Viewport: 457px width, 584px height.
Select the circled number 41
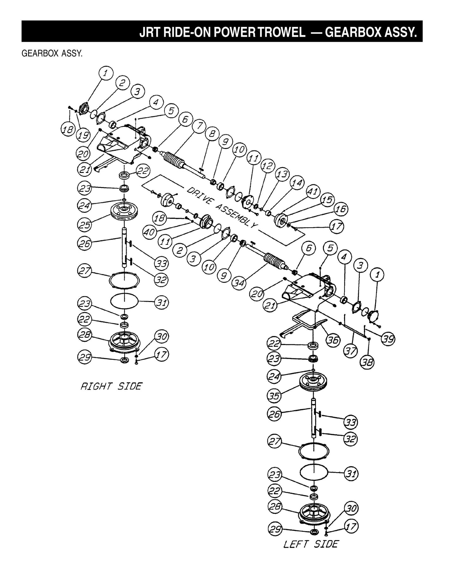(313, 192)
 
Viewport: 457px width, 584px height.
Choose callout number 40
(149, 232)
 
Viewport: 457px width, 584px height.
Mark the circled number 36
(333, 340)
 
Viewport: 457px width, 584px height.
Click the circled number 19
(83, 136)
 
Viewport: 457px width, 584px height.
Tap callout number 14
(297, 183)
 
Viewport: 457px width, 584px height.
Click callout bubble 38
(367, 363)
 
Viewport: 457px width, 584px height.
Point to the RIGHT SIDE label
(111, 386)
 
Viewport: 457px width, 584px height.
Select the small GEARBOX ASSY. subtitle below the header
(52, 53)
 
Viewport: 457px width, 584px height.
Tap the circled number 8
(212, 134)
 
